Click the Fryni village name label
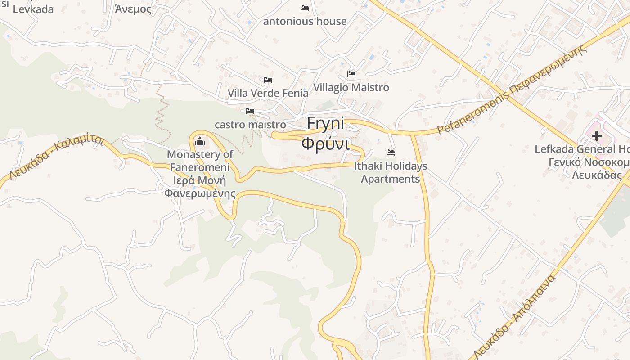tap(325, 123)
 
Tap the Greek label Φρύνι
tap(325, 144)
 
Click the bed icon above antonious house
tap(305, 8)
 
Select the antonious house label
tap(305, 21)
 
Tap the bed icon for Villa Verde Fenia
tap(268, 81)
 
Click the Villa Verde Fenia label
tap(268, 93)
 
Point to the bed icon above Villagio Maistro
tap(351, 74)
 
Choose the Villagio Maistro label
tap(351, 87)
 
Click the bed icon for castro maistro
tap(250, 111)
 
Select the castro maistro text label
tap(250, 125)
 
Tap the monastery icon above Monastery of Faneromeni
tap(200, 142)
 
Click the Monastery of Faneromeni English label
tap(200, 161)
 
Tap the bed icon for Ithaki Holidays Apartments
tap(391, 153)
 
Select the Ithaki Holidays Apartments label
tap(390, 173)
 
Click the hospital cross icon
tap(597, 135)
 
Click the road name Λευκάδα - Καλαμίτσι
tap(56, 158)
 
